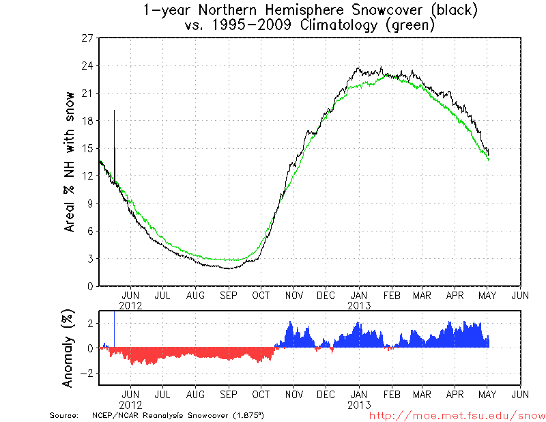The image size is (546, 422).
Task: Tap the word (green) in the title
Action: (x=409, y=25)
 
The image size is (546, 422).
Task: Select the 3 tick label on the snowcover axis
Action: (x=89, y=259)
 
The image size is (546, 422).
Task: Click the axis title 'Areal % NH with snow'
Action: (x=70, y=162)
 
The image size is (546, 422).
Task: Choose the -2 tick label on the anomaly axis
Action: (x=86, y=374)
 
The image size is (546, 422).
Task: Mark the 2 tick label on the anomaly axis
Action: (x=89, y=323)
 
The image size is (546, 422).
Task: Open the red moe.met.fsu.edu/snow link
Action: (x=457, y=415)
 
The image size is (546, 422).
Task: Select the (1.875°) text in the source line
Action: (x=249, y=415)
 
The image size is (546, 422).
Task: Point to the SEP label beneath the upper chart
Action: (x=228, y=296)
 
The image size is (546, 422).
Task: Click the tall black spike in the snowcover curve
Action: (x=114, y=137)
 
